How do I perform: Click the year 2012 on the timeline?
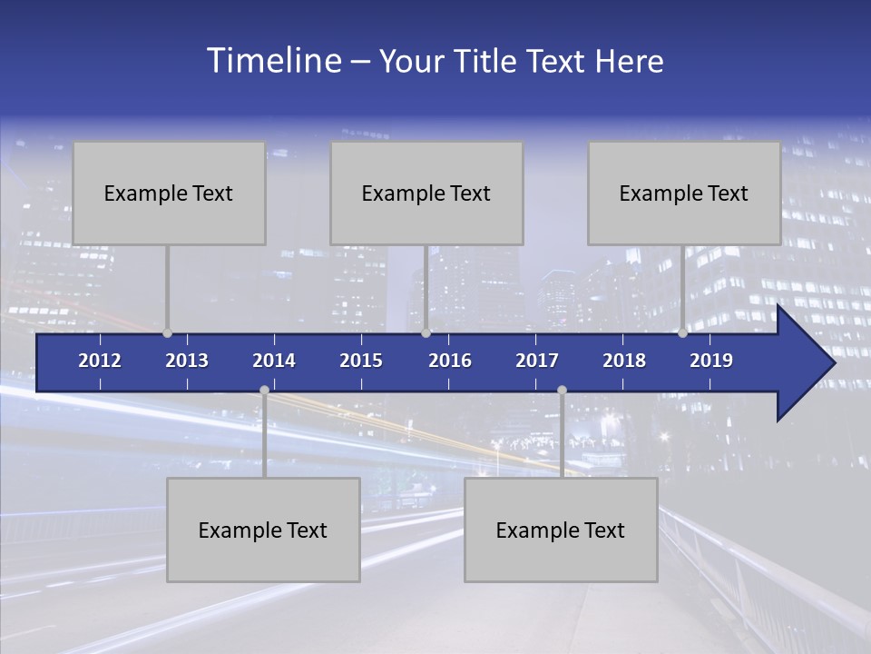[100, 361]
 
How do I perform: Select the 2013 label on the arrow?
[187, 361]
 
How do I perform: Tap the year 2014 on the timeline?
[274, 361]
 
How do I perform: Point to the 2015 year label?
[361, 361]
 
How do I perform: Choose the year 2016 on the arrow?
[450, 361]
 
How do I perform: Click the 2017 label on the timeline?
[537, 361]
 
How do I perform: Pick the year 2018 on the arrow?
[624, 361]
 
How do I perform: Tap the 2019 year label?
[711, 361]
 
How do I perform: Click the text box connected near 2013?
[169, 193]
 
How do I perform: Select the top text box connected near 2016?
[426, 193]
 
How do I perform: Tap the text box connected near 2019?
[684, 193]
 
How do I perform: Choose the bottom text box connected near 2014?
[263, 530]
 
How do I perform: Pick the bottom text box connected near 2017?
[561, 530]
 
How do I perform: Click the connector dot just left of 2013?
[167, 333]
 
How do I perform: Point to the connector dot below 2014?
[264, 391]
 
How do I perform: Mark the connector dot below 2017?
[562, 391]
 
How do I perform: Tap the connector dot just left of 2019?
[682, 333]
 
